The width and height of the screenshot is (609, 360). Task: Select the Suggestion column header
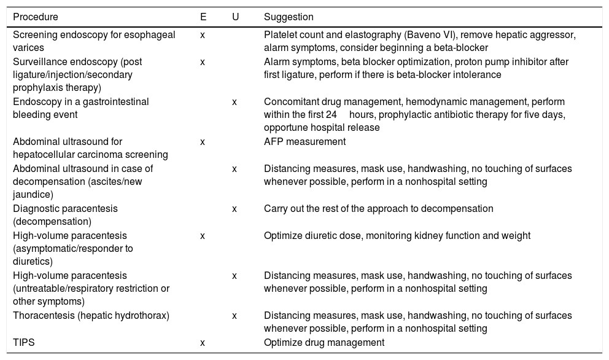(x=289, y=17)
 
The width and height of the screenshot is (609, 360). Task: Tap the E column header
(x=203, y=17)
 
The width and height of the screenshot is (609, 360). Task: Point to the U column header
(x=235, y=17)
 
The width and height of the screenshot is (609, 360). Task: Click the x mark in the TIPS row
(x=203, y=343)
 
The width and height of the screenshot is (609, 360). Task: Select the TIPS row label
(x=24, y=343)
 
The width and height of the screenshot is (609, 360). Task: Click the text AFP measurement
(x=304, y=142)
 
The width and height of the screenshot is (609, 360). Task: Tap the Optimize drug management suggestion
(x=324, y=343)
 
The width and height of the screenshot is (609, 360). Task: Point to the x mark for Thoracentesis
(x=235, y=316)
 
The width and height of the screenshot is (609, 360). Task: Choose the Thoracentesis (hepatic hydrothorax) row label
(x=91, y=316)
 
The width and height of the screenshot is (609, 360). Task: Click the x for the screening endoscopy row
(x=203, y=35)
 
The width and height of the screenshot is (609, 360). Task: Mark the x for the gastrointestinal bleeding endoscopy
(x=235, y=102)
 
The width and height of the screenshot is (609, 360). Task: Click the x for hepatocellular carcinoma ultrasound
(x=203, y=142)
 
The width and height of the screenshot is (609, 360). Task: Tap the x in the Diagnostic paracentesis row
(x=235, y=209)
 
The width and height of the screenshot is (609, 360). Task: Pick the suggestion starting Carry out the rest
(x=378, y=209)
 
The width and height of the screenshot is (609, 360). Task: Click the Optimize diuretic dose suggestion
(x=397, y=236)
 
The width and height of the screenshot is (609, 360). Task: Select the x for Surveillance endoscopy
(x=203, y=62)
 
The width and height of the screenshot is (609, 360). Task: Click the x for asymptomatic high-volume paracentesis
(x=203, y=236)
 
